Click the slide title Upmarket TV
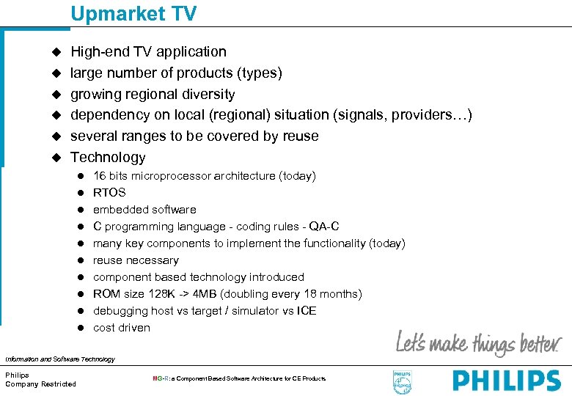tap(133, 13)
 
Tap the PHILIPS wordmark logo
tap(506, 381)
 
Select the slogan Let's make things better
tap(478, 342)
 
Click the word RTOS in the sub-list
tap(109, 193)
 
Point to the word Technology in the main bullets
tap(108, 157)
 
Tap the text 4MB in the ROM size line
tap(202, 294)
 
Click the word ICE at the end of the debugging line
tap(307, 311)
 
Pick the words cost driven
tap(122, 328)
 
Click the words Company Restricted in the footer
tap(40, 384)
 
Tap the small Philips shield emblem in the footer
tap(403, 381)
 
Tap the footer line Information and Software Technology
tap(60, 359)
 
